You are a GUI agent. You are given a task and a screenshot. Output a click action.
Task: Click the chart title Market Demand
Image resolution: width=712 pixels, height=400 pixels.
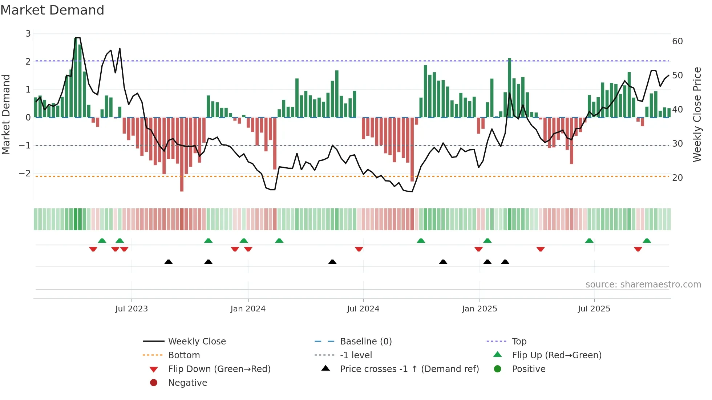pos(52,10)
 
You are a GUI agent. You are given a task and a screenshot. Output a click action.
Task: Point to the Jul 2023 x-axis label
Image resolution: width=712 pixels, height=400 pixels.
pos(132,309)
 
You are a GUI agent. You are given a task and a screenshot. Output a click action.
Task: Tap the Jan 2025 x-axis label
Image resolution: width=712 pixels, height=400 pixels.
pos(480,309)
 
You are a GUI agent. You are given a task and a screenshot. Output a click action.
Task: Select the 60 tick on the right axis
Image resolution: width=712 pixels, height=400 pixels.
pos(677,41)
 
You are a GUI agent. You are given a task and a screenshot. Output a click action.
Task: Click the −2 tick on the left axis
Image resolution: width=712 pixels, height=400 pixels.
pos(25,174)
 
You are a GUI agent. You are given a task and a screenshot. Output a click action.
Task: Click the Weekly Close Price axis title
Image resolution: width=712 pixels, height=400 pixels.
pos(697,114)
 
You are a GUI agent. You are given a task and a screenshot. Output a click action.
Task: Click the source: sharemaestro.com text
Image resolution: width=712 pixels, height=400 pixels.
pos(643,285)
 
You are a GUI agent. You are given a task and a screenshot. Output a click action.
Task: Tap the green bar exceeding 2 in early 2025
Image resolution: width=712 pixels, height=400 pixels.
pos(510,87)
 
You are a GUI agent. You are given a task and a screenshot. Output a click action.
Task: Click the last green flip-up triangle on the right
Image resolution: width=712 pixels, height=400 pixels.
pos(647,241)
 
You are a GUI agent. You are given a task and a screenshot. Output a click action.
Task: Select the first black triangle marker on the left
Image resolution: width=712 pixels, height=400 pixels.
pos(168,262)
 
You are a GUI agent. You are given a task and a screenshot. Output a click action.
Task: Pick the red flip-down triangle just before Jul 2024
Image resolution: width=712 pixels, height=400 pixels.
pos(359,249)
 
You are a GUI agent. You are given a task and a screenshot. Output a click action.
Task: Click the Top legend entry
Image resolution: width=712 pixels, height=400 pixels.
pos(519,342)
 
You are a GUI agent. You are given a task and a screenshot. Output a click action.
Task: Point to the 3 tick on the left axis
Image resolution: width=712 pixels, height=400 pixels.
pos(28,34)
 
